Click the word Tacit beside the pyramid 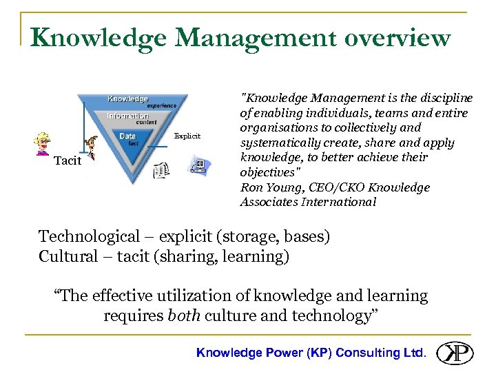click(68, 161)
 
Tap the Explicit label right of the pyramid click(187, 136)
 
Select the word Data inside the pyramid click(127, 136)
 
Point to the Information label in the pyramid click(127, 116)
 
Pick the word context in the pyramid click(147, 123)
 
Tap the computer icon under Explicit click(197, 166)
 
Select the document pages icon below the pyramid click(161, 169)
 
